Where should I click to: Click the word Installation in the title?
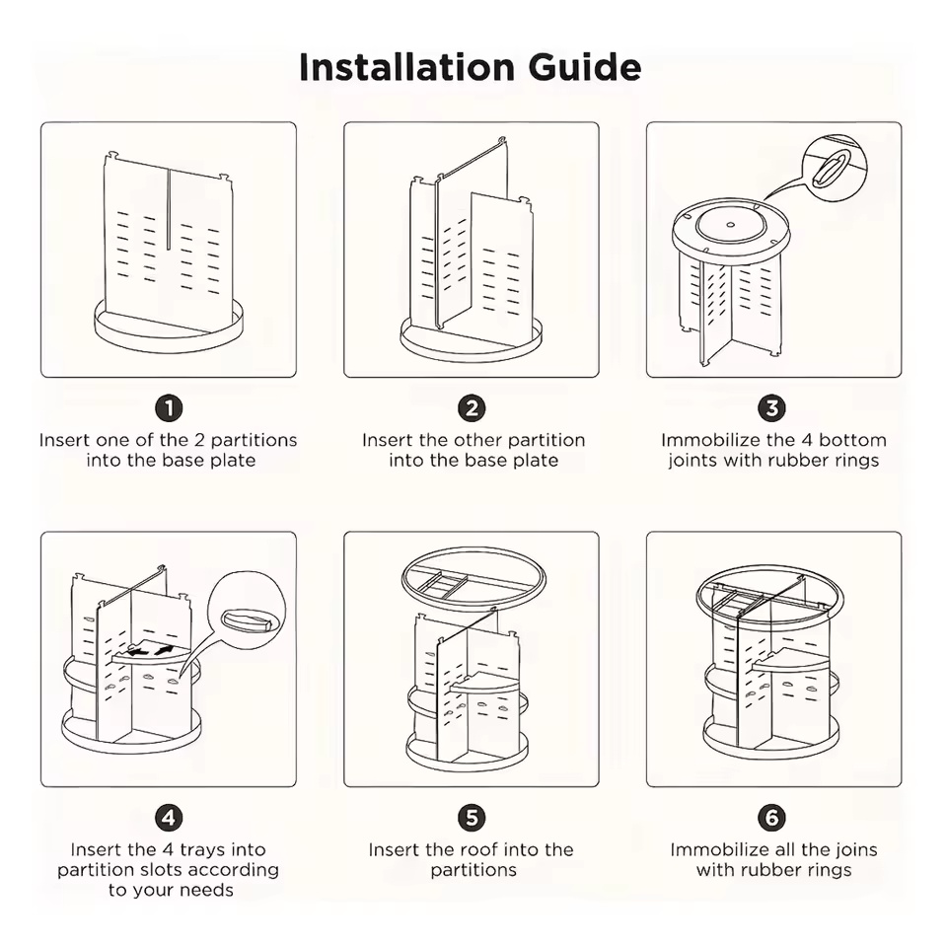pyautogui.click(x=404, y=67)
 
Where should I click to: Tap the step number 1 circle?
pyautogui.click(x=169, y=407)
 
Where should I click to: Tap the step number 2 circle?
pyautogui.click(x=472, y=407)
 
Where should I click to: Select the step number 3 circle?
pyautogui.click(x=772, y=407)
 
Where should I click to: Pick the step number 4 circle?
pyautogui.click(x=169, y=817)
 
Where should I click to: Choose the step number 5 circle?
pyautogui.click(x=472, y=817)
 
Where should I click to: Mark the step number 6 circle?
pyautogui.click(x=772, y=817)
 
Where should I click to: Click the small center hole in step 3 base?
pyautogui.click(x=731, y=225)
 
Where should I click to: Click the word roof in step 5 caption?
pyautogui.click(x=520, y=849)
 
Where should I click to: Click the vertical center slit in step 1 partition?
pyautogui.click(x=169, y=207)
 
